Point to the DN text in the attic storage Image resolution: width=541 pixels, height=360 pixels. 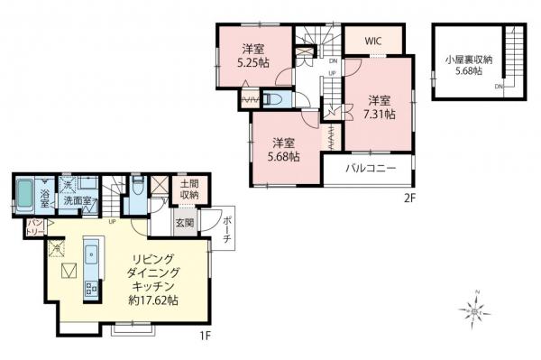498,87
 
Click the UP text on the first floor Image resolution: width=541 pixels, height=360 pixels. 112,221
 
